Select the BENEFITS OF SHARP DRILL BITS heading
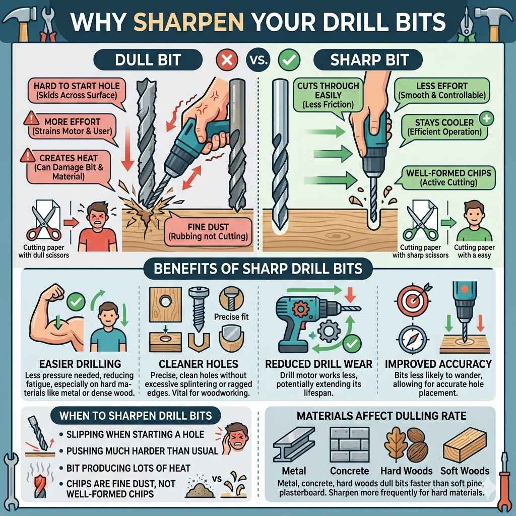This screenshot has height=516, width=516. coord(257,268)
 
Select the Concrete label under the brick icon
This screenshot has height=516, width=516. coord(350,471)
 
